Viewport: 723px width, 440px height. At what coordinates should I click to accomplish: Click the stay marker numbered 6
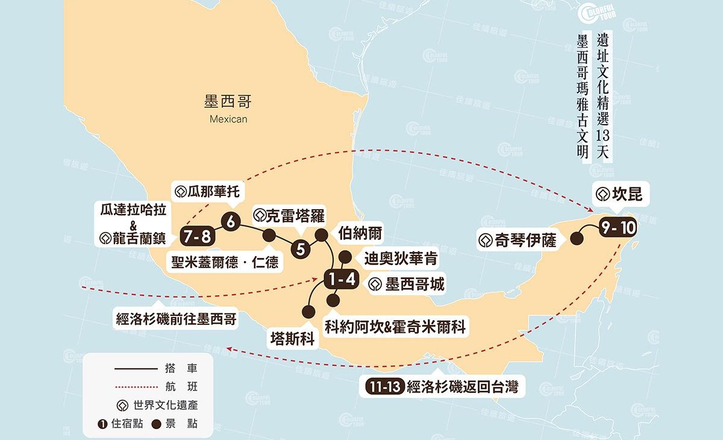point(230,221)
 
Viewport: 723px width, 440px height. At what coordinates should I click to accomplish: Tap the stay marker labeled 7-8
point(197,236)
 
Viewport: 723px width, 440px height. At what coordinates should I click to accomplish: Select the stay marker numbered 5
point(301,248)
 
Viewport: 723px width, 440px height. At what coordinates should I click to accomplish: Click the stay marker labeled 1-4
point(341,279)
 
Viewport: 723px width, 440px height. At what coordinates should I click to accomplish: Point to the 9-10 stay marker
point(617,228)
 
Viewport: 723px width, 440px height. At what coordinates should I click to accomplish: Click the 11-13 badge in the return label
point(382,386)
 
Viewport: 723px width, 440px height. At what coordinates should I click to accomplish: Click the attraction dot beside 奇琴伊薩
point(577,239)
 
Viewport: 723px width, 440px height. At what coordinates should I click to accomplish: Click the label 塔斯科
point(293,339)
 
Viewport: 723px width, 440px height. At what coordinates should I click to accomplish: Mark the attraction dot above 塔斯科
point(308,312)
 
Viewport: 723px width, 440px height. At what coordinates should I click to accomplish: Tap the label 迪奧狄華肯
point(401,259)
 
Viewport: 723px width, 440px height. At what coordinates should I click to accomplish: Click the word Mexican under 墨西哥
point(228,119)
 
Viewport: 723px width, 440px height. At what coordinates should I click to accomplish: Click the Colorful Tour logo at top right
point(596,14)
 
